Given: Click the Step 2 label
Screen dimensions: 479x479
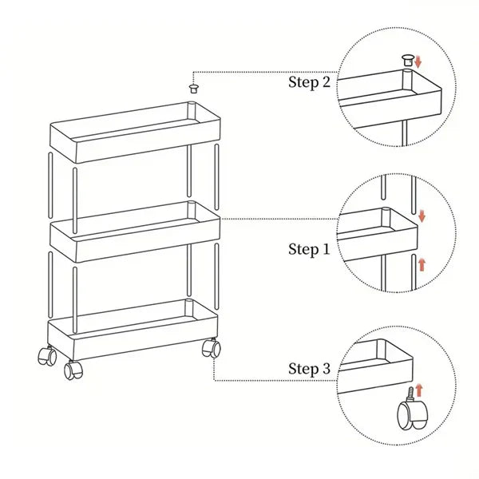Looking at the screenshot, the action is [309, 82].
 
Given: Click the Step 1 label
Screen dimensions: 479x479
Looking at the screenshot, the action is [309, 249].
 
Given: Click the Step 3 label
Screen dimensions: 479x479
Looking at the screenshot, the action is [309, 368].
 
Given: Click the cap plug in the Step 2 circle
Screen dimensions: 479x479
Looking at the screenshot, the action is [408, 60].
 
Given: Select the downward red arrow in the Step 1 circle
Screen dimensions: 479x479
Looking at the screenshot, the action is [422, 216].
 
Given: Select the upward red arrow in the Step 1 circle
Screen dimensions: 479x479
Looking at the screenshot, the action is [422, 264].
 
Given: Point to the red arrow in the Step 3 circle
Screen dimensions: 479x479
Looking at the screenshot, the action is [419, 390].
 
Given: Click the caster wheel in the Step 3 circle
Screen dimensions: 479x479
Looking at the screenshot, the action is [413, 413].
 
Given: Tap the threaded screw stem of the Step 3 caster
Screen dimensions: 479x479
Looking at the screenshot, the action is [411, 394].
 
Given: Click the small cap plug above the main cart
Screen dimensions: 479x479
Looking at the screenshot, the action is [194, 89].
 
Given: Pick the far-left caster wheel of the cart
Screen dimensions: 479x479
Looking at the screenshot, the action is [47, 355].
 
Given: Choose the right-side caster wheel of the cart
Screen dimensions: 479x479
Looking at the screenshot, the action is [212, 347].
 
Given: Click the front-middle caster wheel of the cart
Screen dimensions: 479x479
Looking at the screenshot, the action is [73, 370].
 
